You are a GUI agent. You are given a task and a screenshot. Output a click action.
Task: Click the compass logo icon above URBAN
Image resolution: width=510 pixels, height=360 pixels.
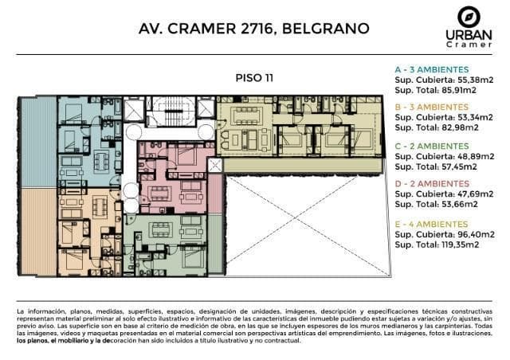(x=469, y=17)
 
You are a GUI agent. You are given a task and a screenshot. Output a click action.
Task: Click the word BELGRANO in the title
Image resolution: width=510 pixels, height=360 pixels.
(x=326, y=29)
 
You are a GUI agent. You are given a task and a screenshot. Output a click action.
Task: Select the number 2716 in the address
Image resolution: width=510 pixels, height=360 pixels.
(x=257, y=29)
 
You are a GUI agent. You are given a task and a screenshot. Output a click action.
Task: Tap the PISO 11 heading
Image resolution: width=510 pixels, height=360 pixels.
(x=254, y=78)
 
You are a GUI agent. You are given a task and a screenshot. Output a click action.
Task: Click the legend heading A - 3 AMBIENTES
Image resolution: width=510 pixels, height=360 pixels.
(x=432, y=69)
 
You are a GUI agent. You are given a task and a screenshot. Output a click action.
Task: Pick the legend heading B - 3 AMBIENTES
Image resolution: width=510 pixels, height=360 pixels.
(x=432, y=107)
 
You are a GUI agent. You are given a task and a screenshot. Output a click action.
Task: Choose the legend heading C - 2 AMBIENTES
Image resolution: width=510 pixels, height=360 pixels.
(x=432, y=146)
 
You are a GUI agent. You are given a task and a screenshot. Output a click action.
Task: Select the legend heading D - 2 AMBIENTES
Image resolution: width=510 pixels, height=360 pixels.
(x=432, y=184)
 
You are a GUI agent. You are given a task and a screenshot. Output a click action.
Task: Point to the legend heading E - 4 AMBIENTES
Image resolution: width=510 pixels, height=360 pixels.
(x=431, y=225)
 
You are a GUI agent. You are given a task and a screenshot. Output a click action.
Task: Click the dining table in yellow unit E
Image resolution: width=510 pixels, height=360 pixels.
(x=246, y=115)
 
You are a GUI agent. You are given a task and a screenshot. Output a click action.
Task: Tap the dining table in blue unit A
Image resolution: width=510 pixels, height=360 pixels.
(x=101, y=162)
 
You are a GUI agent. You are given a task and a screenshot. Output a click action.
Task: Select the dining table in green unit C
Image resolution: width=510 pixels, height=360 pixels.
(x=161, y=229)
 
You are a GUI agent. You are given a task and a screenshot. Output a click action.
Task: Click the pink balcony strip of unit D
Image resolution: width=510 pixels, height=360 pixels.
(x=215, y=194)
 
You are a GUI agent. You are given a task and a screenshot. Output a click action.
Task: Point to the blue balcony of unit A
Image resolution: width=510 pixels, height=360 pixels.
(x=38, y=142)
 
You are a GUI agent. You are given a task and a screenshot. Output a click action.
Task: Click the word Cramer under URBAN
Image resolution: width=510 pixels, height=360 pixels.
(x=469, y=45)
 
